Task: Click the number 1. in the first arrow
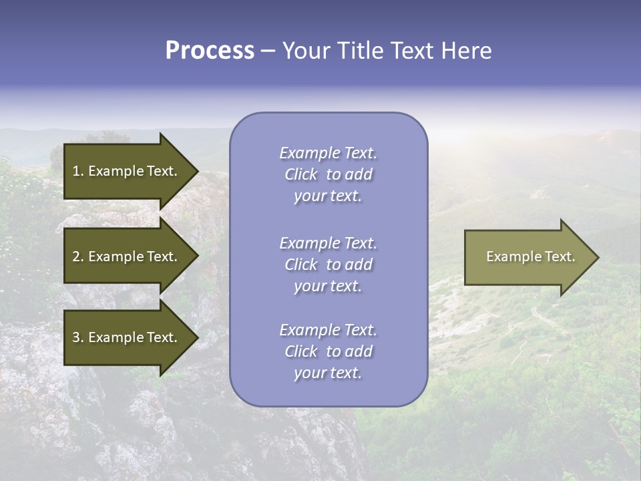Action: (x=78, y=171)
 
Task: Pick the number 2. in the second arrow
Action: (x=78, y=257)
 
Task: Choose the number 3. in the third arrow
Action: (x=78, y=337)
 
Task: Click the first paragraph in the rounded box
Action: (x=328, y=174)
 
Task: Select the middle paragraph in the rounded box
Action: (x=328, y=265)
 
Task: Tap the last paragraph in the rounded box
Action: (x=328, y=351)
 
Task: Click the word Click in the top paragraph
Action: (x=301, y=175)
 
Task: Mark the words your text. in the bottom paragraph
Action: (x=328, y=373)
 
